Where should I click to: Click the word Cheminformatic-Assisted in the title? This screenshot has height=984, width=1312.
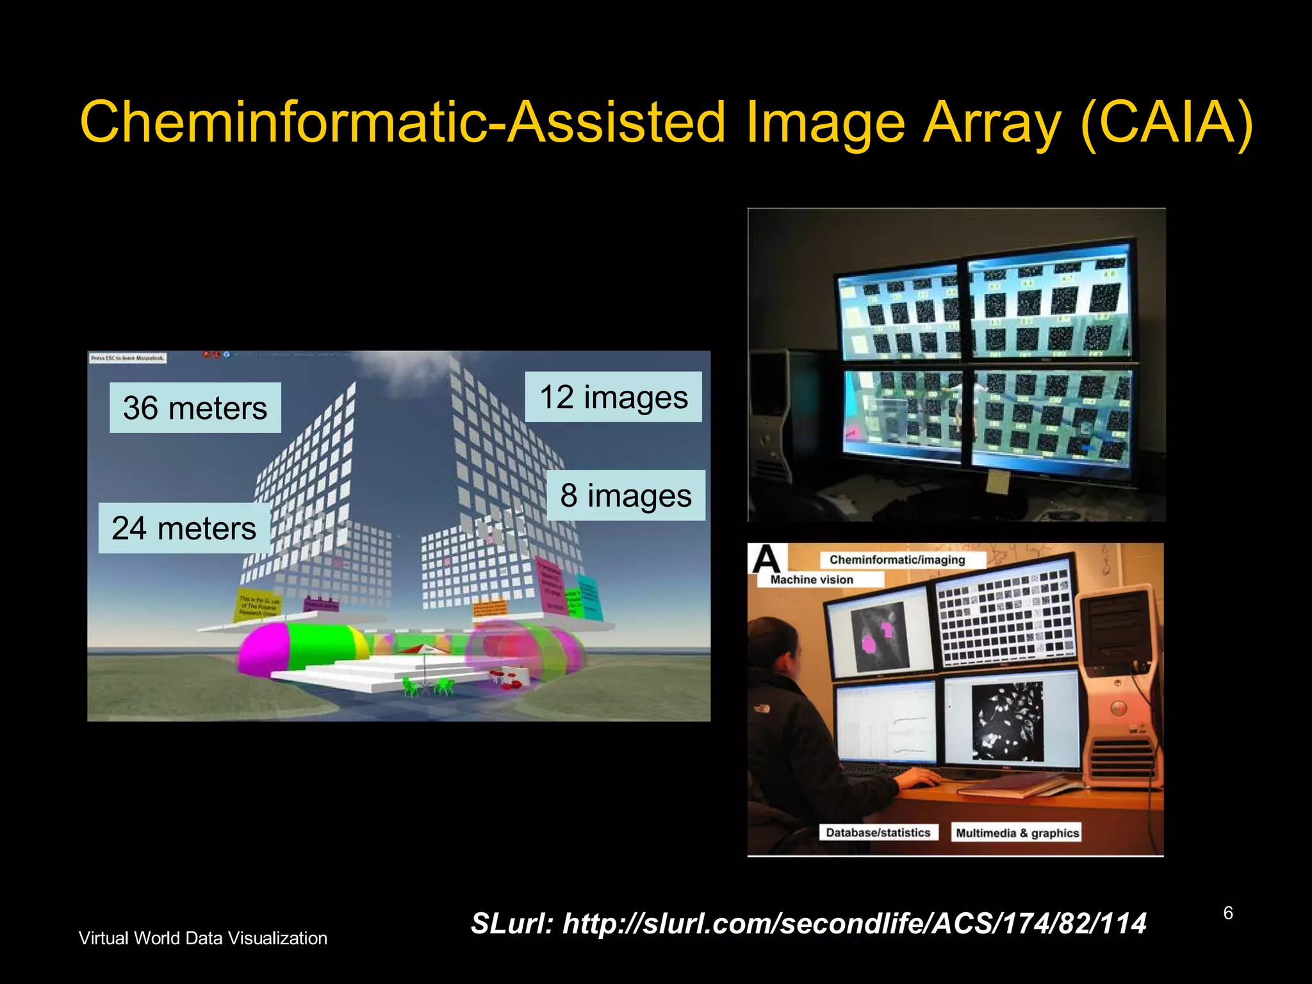click(x=402, y=123)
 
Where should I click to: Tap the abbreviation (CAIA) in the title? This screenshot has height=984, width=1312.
click(x=1166, y=123)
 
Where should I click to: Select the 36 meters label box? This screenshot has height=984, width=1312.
click(x=195, y=408)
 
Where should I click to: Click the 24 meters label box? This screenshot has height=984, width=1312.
click(x=184, y=529)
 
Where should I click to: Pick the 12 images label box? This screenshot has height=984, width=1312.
click(x=613, y=397)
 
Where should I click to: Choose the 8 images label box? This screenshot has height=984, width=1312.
click(x=626, y=496)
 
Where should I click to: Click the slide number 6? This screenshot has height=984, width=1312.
click(x=1227, y=913)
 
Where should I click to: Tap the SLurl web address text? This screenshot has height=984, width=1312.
click(x=808, y=924)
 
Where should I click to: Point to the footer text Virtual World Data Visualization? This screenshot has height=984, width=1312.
click(x=202, y=939)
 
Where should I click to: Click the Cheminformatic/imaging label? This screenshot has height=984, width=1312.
click(x=897, y=560)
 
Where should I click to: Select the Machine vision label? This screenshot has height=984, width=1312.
click(x=812, y=580)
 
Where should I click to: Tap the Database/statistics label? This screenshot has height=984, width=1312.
click(x=878, y=833)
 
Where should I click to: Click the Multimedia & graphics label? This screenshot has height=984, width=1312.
click(x=1017, y=833)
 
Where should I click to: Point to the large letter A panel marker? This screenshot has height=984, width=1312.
click(x=766, y=559)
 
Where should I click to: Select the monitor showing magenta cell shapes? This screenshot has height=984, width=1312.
click(x=878, y=634)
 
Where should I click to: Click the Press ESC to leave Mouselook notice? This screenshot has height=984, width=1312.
click(x=127, y=358)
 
